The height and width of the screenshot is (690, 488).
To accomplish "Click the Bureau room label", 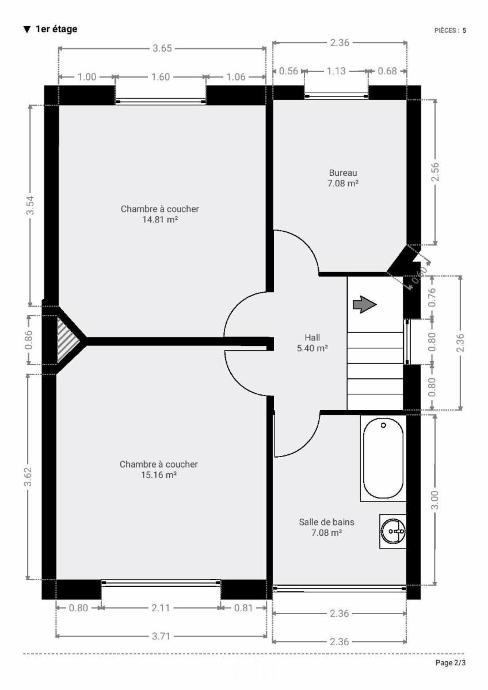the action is (x=343, y=173).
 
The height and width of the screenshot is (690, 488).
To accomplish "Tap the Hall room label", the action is (x=312, y=338).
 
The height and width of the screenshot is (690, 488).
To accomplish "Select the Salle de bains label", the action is (x=326, y=522).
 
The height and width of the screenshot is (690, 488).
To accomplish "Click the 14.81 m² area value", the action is (x=160, y=219).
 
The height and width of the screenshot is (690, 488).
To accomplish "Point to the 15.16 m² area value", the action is (x=159, y=474).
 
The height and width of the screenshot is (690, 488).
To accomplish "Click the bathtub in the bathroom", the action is (x=383, y=458).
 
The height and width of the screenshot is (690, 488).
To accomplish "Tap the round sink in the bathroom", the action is (x=392, y=531).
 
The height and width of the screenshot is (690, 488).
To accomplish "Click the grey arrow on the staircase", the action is (x=365, y=305).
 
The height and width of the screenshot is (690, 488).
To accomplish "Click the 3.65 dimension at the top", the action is (x=162, y=48).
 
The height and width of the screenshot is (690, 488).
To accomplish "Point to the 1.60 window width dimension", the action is (x=161, y=76).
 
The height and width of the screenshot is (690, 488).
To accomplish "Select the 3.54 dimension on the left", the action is (x=30, y=205).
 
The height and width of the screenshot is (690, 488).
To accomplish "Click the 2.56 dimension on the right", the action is (x=435, y=172).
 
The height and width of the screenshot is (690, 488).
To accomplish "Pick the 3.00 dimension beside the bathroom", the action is (x=434, y=500).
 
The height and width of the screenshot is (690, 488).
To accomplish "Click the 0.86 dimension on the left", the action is (x=29, y=340).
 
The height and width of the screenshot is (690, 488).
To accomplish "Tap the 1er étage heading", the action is (x=56, y=29).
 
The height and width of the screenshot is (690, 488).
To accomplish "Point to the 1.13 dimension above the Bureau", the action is (x=336, y=71).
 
